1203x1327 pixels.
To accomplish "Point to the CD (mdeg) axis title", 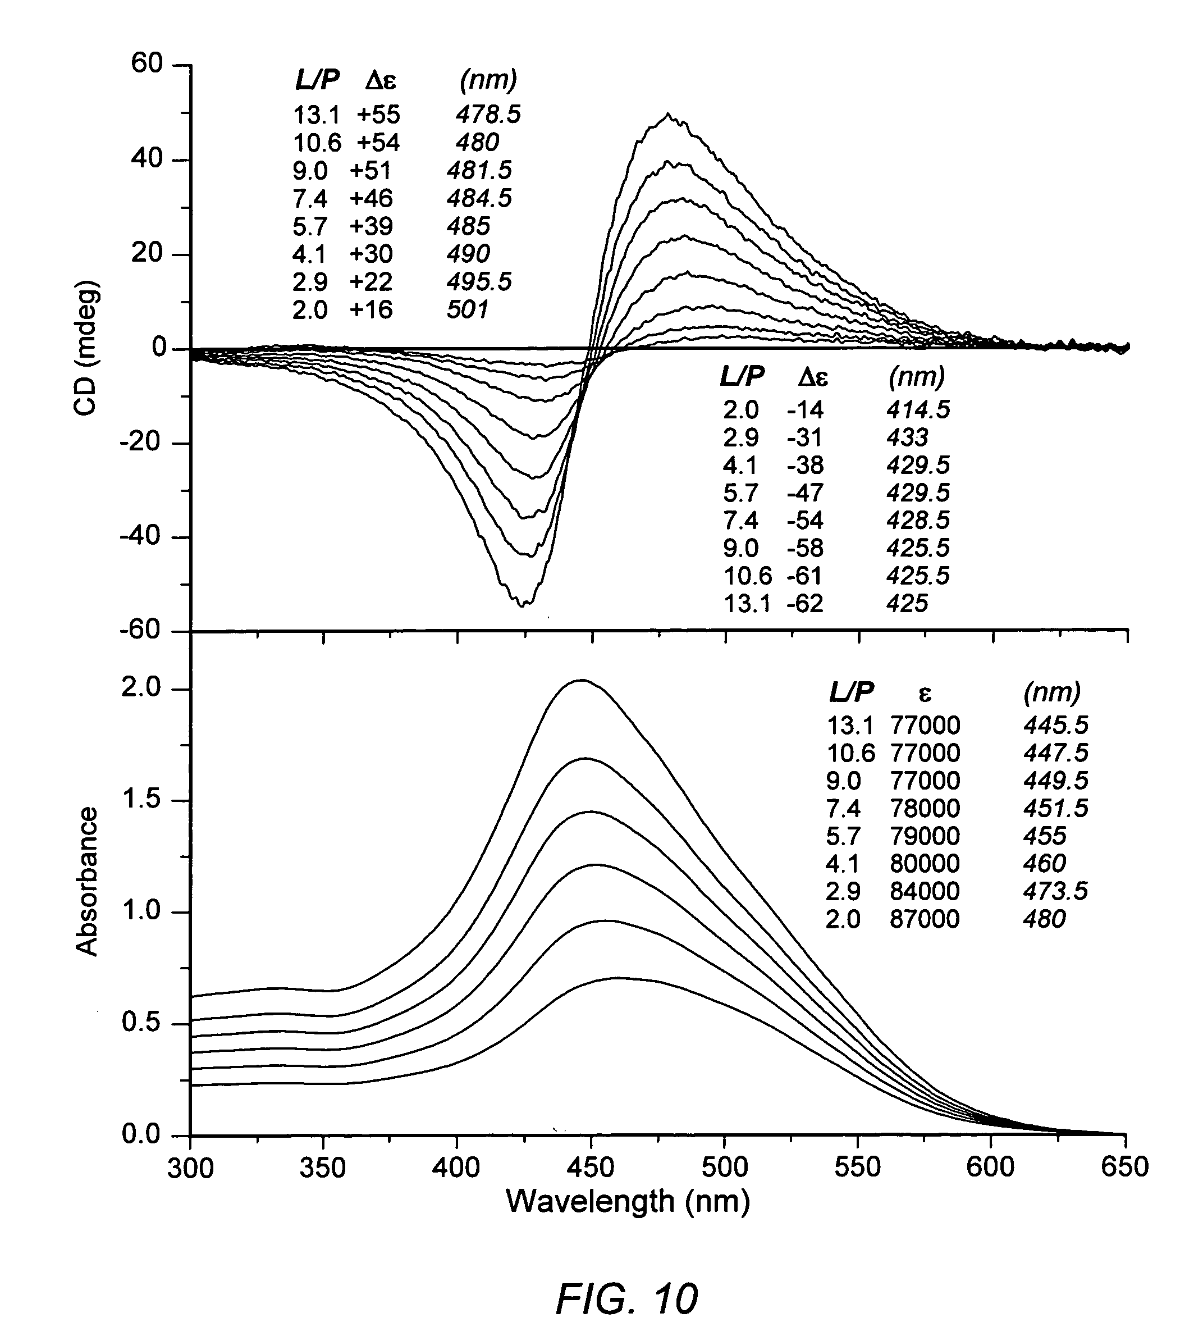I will (86, 349).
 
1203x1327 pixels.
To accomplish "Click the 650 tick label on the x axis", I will (1124, 1167).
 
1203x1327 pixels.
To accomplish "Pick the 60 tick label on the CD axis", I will (146, 65).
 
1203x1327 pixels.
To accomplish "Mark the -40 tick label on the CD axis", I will (140, 536).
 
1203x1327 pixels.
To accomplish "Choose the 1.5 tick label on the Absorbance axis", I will (141, 800).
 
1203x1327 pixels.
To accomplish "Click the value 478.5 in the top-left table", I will (488, 115).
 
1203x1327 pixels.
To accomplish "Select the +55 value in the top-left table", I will (378, 115).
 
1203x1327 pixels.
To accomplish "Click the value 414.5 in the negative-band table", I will (918, 410).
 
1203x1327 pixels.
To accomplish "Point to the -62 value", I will (805, 604).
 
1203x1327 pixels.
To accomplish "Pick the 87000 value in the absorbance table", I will (925, 919).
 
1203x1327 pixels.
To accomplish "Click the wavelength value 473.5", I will (1055, 891).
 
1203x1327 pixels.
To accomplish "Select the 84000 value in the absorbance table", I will (925, 891).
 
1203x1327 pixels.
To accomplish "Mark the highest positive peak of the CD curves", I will (669, 115).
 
